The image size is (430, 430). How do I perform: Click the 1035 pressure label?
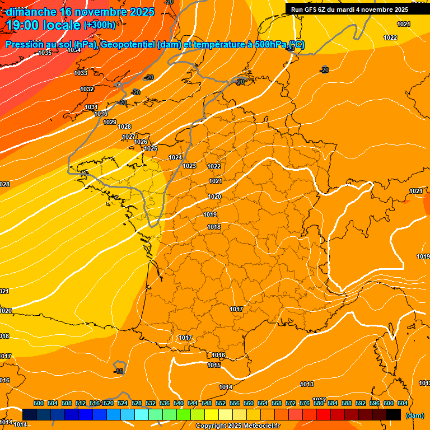(x=45, y=53)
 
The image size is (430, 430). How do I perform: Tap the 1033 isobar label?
(x=81, y=73)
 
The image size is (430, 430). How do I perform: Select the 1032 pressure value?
(x=87, y=89)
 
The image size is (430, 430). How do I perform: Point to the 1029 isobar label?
(x=109, y=122)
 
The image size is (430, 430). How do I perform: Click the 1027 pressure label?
(x=129, y=137)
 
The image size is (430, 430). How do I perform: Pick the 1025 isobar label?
(x=151, y=148)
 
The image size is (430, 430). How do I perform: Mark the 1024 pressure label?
(x=175, y=157)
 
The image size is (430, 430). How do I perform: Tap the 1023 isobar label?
(x=189, y=166)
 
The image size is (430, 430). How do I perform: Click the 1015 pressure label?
(x=214, y=365)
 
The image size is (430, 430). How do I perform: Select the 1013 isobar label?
(x=306, y=384)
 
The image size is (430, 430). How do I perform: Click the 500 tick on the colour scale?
(x=39, y=403)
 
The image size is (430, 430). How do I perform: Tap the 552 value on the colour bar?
(x=221, y=403)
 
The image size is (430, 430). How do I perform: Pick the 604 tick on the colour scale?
(x=403, y=403)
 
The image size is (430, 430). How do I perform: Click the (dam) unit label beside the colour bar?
(x=415, y=415)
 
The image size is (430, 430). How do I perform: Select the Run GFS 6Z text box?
(x=349, y=9)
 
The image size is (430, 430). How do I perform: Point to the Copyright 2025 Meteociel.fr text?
(x=237, y=426)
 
